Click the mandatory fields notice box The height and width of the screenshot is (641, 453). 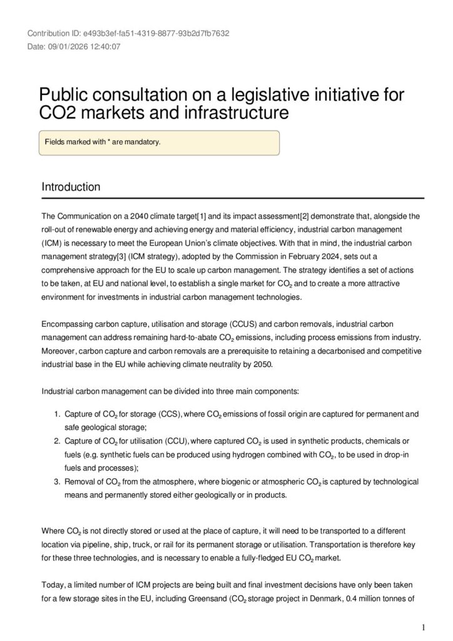pyautogui.click(x=159, y=142)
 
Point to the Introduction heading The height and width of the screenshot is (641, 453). pyautogui.click(x=71, y=187)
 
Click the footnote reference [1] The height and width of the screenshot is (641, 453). pyautogui.click(x=202, y=217)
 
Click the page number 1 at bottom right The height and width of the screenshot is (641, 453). pyautogui.click(x=424, y=627)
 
